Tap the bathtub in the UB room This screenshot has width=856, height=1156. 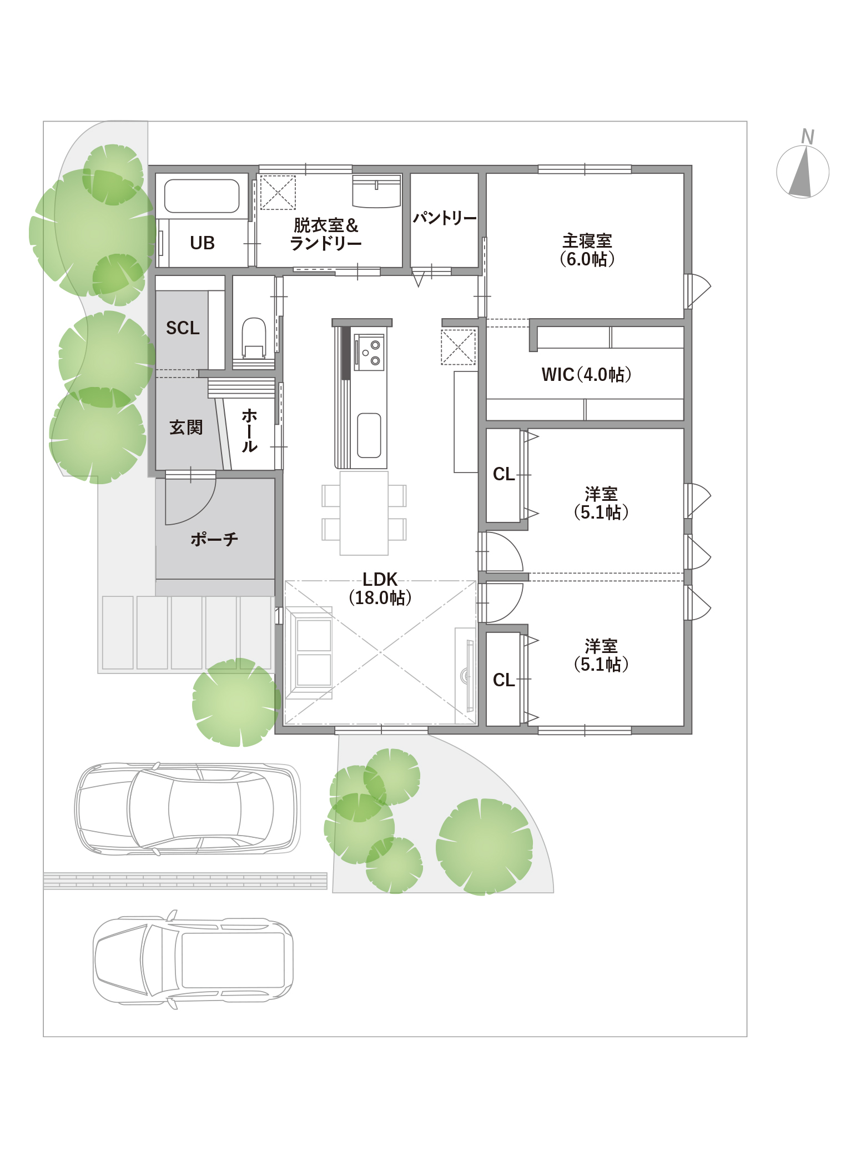coord(202,196)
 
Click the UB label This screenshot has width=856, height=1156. coord(202,243)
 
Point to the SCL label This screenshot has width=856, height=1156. coord(183,328)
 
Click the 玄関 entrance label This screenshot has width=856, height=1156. coord(186,428)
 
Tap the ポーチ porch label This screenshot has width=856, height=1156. coord(214,539)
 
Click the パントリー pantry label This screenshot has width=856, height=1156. coord(445,218)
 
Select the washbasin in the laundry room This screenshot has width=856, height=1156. coord(377,191)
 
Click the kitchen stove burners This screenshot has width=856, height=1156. coord(370,351)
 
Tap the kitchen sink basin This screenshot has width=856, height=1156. coord(369,435)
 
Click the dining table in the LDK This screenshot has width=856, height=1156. coord(364,512)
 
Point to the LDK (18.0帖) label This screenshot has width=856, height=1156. coord(380,589)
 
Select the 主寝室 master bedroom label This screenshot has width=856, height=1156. coord(587,250)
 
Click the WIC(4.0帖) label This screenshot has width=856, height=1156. coord(587,375)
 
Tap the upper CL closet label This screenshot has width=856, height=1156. coord(504,474)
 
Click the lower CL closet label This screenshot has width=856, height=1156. coord(504,680)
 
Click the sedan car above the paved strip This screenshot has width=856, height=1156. coord(187,808)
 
